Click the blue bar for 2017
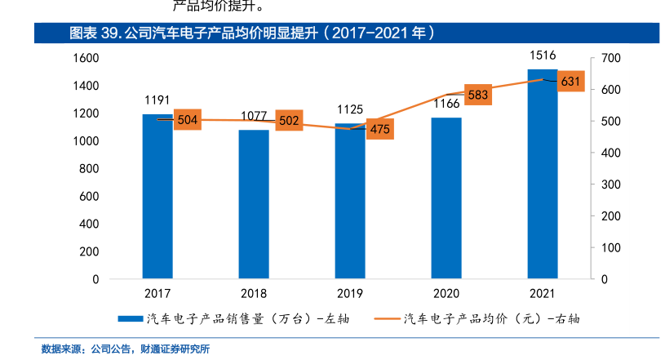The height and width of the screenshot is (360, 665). tap(157, 196)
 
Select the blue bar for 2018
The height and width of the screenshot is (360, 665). tap(254, 204)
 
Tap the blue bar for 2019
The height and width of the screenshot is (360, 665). tap(350, 201)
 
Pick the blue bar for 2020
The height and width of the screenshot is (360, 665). tap(446, 198)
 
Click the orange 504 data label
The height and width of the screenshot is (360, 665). tap(188, 121)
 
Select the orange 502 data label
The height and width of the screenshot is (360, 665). tap(289, 121)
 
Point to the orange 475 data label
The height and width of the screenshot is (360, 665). tap(379, 129)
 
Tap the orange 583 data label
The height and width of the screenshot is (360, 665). tap(478, 96)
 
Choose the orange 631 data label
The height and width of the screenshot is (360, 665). tap(571, 81)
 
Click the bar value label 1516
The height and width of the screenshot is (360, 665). tap(543, 56)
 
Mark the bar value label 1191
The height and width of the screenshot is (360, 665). tap(157, 100)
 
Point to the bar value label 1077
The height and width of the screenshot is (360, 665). tap(254, 116)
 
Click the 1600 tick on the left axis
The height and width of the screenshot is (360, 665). tap(87, 58)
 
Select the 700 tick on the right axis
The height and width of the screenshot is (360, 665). tap(611, 58)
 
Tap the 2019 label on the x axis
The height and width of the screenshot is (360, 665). tap(350, 293)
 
